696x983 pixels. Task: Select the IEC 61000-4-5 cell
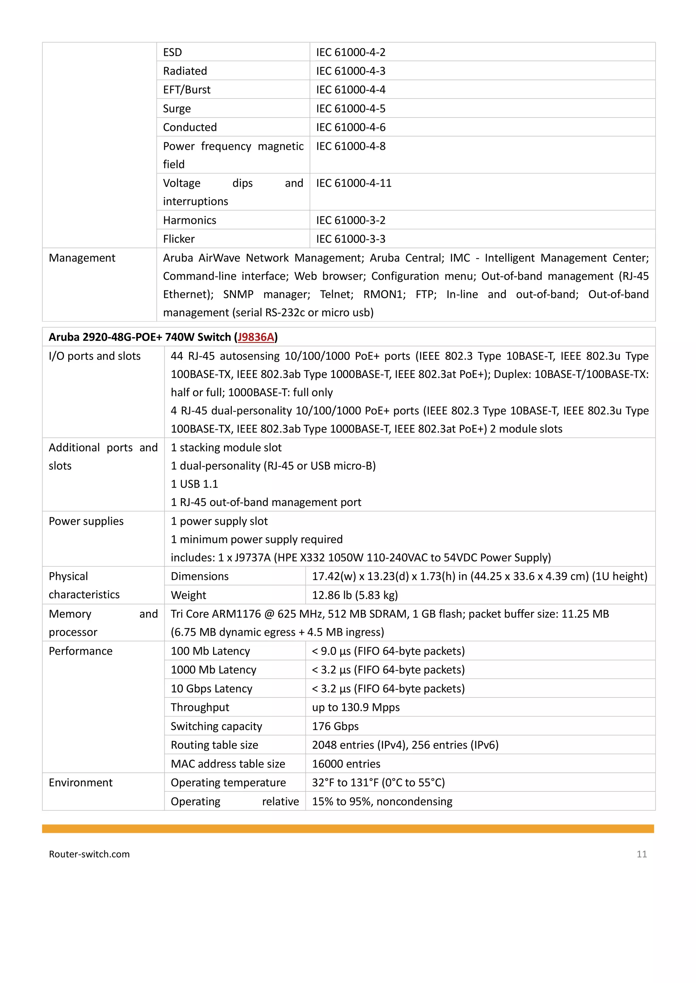pos(351,108)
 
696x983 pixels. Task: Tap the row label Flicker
pos(179,239)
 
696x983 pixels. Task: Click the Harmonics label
pos(189,220)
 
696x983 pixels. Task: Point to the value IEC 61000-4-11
pos(353,183)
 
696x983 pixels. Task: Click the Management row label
pos(82,258)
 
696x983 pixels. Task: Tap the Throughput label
pos(200,707)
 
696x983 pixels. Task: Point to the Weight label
pos(188,595)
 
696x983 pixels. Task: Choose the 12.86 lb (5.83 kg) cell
pos(355,595)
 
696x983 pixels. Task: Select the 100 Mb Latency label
pos(210,651)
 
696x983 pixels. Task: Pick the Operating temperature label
pos(228,783)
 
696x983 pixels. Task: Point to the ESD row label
pos(172,52)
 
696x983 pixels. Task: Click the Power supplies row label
pos(86,521)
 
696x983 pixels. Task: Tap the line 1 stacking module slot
pos(226,448)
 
